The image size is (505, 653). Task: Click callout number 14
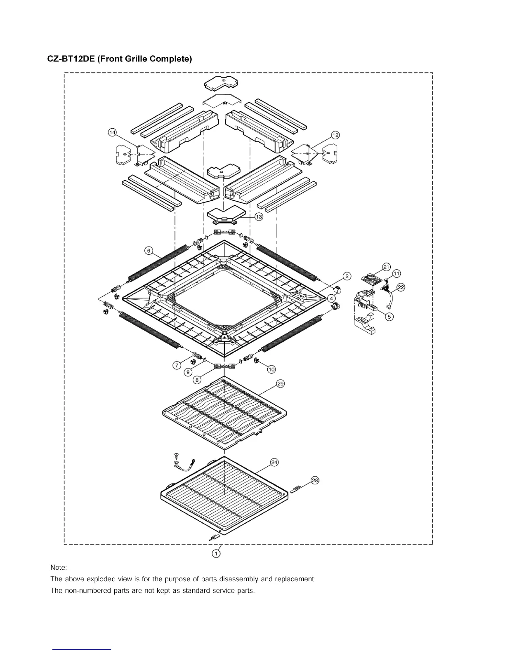[x=112, y=132]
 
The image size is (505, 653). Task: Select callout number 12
[x=335, y=135]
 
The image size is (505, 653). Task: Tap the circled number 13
[x=259, y=217]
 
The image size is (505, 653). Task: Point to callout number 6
[x=149, y=250]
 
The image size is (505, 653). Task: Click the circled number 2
[x=347, y=276]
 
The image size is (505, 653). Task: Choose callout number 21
[x=386, y=267]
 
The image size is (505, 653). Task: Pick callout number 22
[x=401, y=287]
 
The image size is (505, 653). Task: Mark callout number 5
[x=389, y=317]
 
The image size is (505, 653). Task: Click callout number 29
[x=280, y=384]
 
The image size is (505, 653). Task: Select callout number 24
[x=274, y=463]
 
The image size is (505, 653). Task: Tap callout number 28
[x=315, y=480]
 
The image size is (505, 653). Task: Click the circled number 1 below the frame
[x=216, y=554]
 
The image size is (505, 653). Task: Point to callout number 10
[x=271, y=369]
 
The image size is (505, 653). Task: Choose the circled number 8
[x=197, y=379]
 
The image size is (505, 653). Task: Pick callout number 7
[x=177, y=365]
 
